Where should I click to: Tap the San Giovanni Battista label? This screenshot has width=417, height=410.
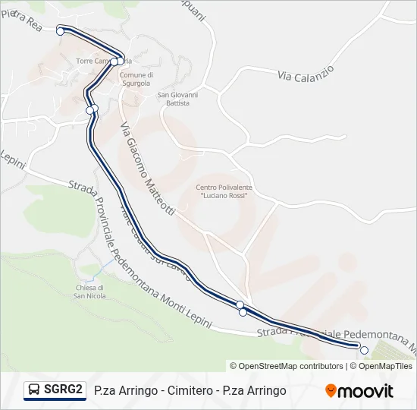click(x=177, y=99)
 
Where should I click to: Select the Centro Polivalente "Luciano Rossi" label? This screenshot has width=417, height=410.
click(x=224, y=191)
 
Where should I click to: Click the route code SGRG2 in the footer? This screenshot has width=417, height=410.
click(x=63, y=389)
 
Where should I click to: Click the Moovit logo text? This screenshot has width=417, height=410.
click(x=365, y=391)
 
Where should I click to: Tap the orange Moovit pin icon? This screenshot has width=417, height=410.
click(x=331, y=390)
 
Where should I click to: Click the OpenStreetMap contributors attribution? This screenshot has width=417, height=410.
click(x=287, y=366)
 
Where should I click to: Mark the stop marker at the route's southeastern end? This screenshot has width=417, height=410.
click(x=364, y=350)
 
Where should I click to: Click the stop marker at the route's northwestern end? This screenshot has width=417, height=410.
click(x=60, y=31)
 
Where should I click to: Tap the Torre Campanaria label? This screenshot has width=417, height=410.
click(x=103, y=61)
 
